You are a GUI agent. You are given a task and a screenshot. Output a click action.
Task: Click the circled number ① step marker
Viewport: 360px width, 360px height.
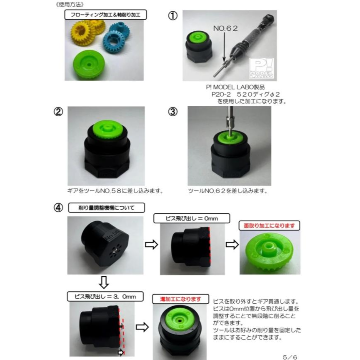tap(172, 16)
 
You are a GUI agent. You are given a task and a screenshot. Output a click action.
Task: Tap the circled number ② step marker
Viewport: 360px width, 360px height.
tap(58, 112)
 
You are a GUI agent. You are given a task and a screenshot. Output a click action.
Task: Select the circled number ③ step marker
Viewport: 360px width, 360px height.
tap(172, 112)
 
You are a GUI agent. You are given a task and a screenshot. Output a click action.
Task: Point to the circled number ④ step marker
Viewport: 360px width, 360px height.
tap(58, 207)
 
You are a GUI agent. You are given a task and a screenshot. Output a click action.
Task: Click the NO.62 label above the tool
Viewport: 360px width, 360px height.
tap(225, 28)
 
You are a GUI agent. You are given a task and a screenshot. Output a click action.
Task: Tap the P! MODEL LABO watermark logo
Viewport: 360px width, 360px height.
tap(262, 68)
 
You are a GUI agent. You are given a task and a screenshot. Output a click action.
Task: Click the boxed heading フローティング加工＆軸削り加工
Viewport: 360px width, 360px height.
tap(105, 15)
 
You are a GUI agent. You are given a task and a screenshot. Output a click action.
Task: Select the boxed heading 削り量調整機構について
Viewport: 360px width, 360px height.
tap(107, 208)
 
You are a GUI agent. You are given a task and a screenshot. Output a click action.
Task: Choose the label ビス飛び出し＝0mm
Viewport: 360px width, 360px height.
tap(192, 218)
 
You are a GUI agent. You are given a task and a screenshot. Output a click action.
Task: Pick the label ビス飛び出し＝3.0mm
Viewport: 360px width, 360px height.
tap(105, 296)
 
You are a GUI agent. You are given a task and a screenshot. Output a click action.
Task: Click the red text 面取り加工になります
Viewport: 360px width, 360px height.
tap(269, 226)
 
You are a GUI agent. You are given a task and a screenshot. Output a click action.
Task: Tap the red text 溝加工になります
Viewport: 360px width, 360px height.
tap(181, 299)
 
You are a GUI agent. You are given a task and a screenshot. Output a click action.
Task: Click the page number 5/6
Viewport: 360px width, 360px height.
tap(290, 357)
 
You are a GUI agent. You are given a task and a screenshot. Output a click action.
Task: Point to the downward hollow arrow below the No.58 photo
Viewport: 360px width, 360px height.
tap(104, 282)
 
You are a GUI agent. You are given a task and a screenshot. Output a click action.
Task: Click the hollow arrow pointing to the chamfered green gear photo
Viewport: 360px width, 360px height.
tap(232, 245)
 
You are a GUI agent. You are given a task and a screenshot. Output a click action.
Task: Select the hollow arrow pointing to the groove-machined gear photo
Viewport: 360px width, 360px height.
tap(142, 327)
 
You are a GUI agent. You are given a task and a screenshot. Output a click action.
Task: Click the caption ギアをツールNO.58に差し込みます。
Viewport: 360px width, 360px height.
tap(115, 191)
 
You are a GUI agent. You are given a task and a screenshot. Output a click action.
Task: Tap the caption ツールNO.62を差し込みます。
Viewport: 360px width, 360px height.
tap(228, 191)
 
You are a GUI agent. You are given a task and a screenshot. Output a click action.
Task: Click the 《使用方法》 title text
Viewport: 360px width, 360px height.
tap(70, 5)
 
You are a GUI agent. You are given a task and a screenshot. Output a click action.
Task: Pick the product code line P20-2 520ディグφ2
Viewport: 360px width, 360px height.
tap(245, 94)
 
